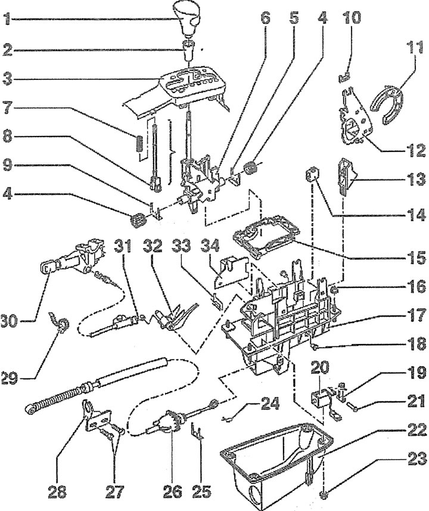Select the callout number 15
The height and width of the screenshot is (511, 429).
(415, 258)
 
